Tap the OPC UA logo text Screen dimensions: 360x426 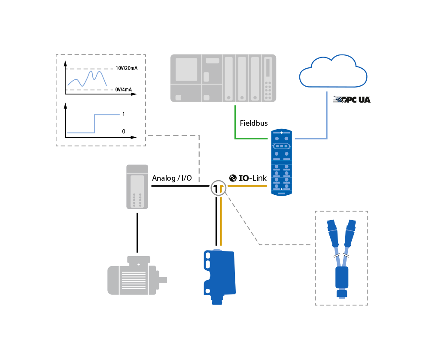coord(352,100)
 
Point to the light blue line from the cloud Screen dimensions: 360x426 coord(326,116)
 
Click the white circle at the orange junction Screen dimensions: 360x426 coord(219,188)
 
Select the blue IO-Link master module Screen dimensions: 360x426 coord(281,162)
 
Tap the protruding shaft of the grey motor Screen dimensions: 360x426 coord(163,280)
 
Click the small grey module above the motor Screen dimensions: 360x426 coord(137,187)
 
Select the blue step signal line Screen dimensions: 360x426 coord(94,124)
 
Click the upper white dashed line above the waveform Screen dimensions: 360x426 coord(89,69)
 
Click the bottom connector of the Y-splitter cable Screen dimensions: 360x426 coord(341,293)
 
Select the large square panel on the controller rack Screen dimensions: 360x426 coord(186,70)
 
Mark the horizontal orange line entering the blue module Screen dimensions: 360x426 coord(247,186)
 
